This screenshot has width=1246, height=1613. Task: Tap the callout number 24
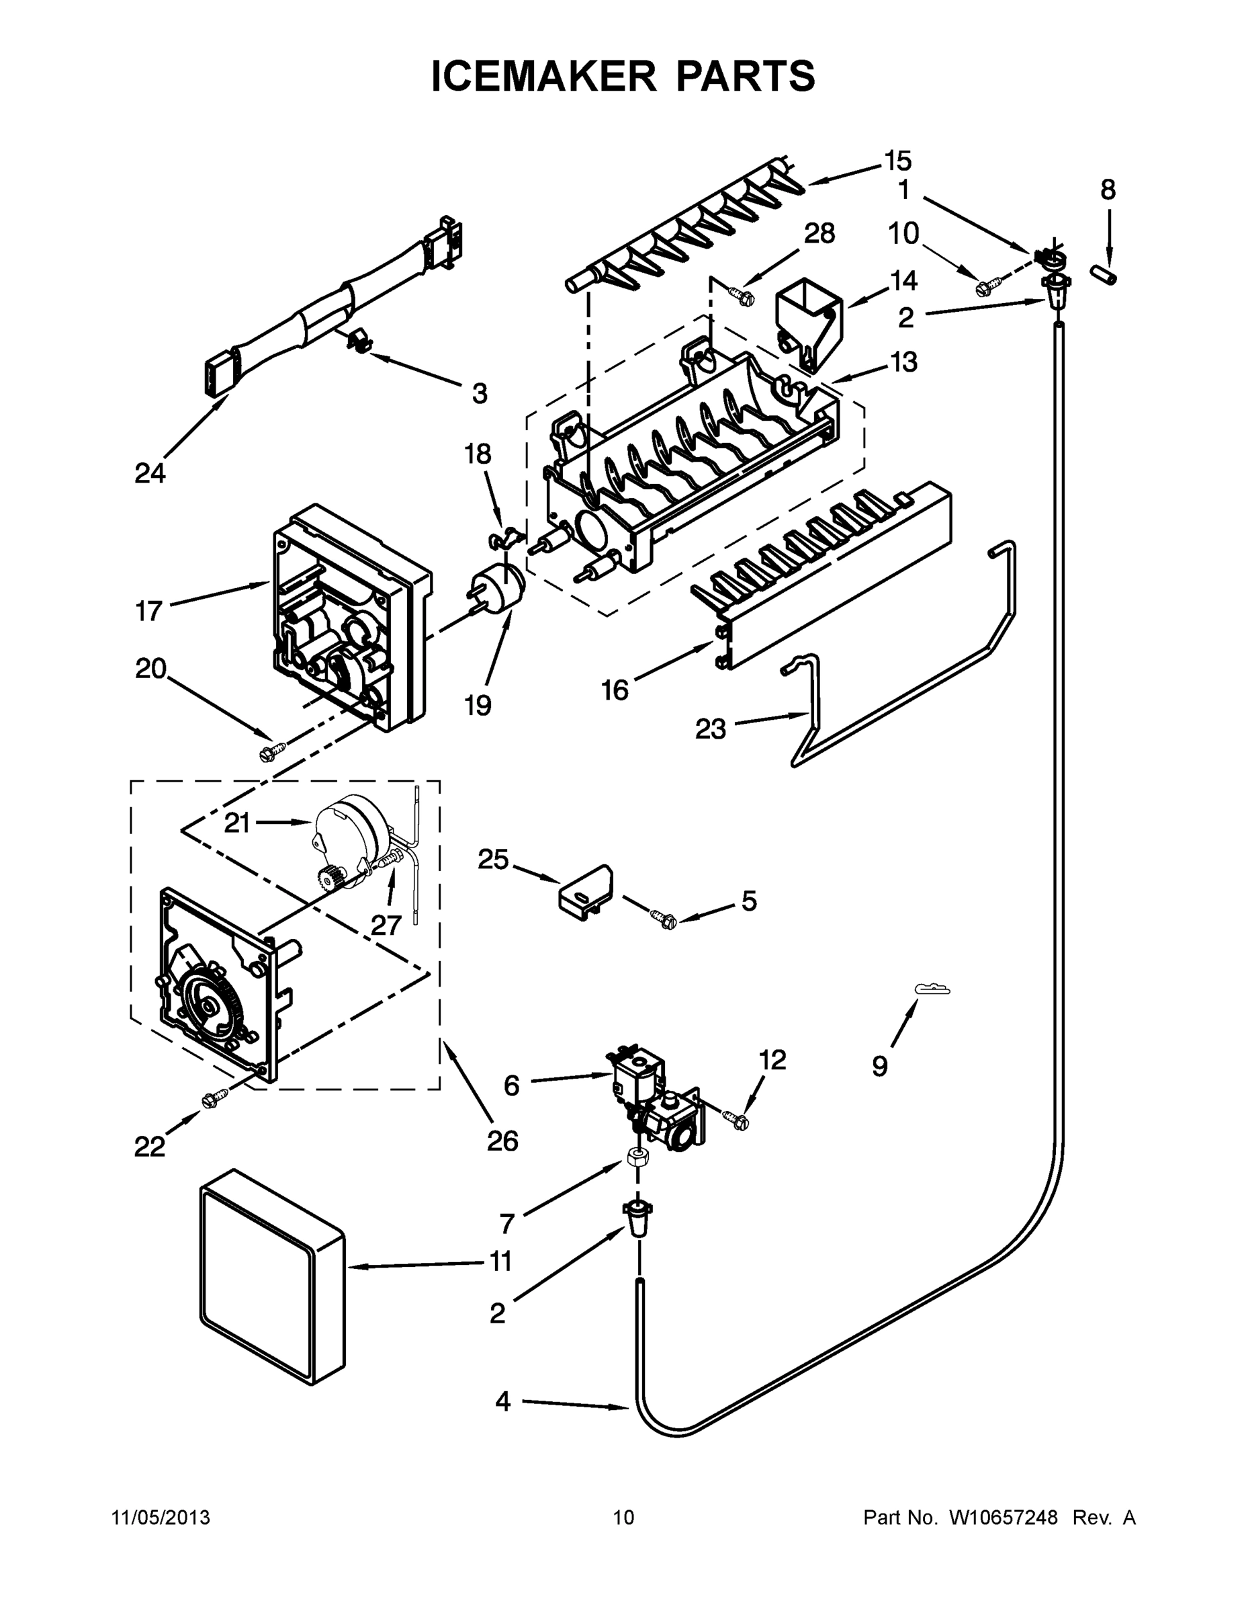(150, 473)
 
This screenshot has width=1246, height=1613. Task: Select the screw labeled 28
(740, 296)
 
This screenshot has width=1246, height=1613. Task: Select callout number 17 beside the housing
(148, 611)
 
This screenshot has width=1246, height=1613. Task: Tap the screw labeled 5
(663, 919)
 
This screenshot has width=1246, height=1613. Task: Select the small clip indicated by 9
(932, 988)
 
